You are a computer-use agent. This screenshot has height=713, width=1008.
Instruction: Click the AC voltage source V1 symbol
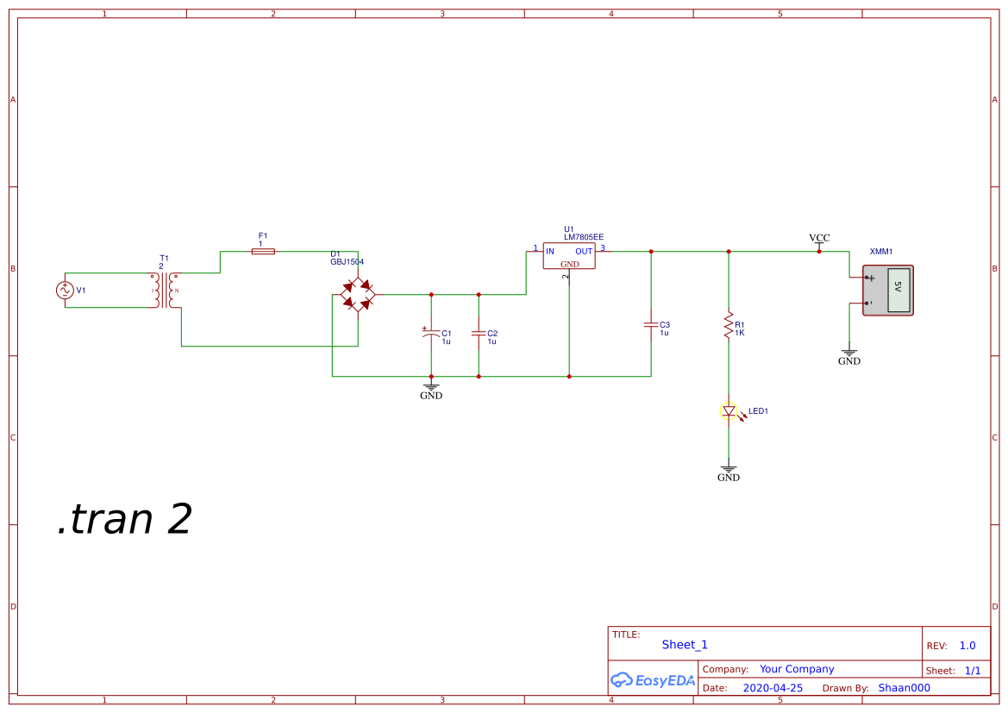(x=65, y=291)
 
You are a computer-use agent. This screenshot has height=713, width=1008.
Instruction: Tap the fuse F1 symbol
(x=263, y=251)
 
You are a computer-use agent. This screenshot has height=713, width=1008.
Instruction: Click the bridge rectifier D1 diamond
(x=358, y=294)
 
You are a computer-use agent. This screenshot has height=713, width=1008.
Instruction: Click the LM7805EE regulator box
(x=569, y=256)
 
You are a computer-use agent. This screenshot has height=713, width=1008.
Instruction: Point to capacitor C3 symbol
(x=651, y=325)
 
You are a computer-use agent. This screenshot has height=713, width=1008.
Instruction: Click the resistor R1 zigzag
(x=729, y=326)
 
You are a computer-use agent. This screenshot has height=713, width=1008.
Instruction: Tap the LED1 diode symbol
(x=729, y=411)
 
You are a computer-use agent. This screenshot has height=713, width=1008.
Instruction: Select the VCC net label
(x=819, y=238)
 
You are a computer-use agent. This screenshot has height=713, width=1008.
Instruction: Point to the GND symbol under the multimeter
(x=849, y=356)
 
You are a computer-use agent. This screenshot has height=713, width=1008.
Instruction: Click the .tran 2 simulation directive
(x=124, y=519)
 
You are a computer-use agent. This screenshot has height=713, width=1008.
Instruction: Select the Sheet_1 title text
(x=685, y=645)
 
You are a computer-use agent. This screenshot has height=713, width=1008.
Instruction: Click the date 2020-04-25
(x=773, y=688)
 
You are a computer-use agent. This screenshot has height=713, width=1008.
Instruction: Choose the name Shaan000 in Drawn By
(x=904, y=688)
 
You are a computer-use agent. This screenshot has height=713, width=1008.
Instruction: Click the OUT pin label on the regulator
(x=584, y=251)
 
